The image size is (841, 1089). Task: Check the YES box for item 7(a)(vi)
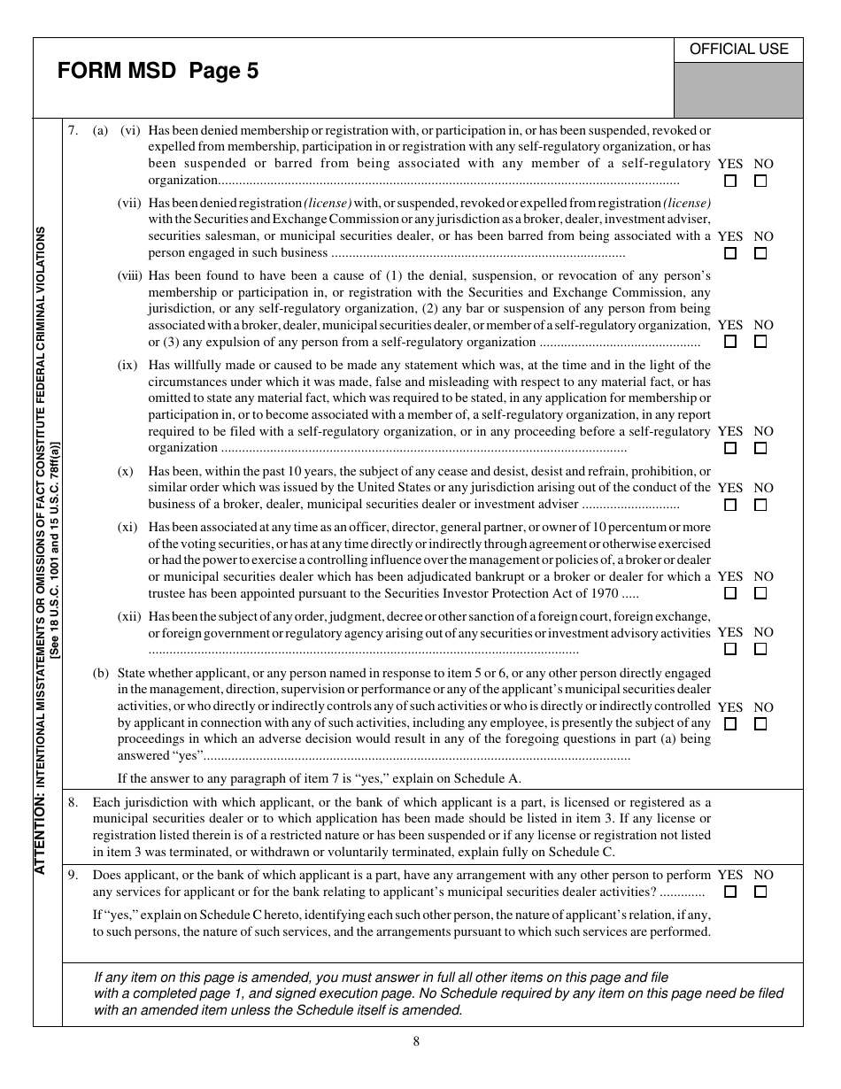pyautogui.click(x=730, y=181)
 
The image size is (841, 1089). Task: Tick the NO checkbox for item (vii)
pyautogui.click(x=760, y=253)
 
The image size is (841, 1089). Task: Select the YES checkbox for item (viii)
pyautogui.click(x=730, y=342)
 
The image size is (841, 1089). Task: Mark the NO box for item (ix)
pyautogui.click(x=760, y=448)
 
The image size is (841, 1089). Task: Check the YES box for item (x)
pyautogui.click(x=730, y=505)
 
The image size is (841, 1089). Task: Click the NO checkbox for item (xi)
pyautogui.click(x=760, y=593)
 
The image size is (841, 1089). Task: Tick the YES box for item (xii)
pyautogui.click(x=730, y=649)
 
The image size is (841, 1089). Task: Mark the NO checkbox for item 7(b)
pyautogui.click(x=760, y=723)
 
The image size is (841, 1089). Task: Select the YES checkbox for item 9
pyautogui.click(x=730, y=892)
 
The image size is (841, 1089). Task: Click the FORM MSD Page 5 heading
pyautogui.click(x=158, y=72)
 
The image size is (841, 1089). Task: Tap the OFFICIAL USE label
pyautogui.click(x=738, y=50)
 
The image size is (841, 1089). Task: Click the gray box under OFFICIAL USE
pyautogui.click(x=738, y=90)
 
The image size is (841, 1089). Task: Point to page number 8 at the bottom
pyautogui.click(x=416, y=1041)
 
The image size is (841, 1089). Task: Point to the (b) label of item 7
pyautogui.click(x=101, y=673)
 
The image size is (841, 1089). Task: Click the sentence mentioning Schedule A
pyautogui.click(x=320, y=779)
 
